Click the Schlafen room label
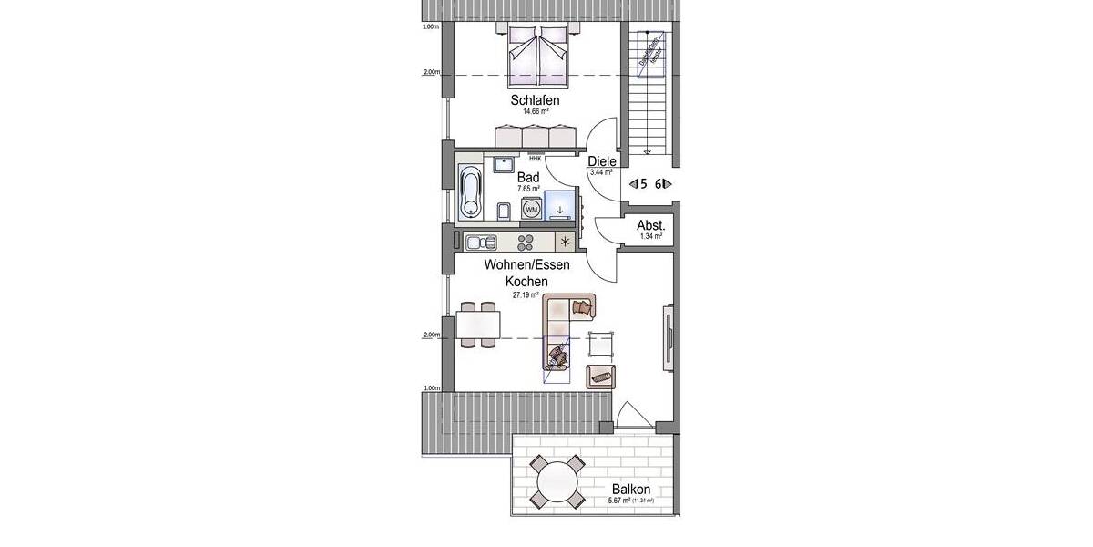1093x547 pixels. [x=534, y=100]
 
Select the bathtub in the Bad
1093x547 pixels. [x=470, y=193]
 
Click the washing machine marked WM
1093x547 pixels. [x=531, y=211]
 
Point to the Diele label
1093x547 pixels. [x=602, y=161]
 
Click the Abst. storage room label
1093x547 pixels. [x=650, y=225]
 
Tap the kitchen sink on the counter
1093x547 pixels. [x=479, y=243]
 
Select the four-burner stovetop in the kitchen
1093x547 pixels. [x=526, y=243]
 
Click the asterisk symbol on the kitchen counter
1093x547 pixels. [x=566, y=243]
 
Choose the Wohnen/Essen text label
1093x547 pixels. [x=526, y=265]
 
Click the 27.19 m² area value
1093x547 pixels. [x=526, y=295]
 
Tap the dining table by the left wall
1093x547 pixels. [x=479, y=324]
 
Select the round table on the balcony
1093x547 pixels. [x=557, y=480]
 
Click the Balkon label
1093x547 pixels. [x=630, y=490]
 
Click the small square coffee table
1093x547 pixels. [x=601, y=344]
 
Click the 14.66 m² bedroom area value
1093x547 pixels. [x=534, y=111]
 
